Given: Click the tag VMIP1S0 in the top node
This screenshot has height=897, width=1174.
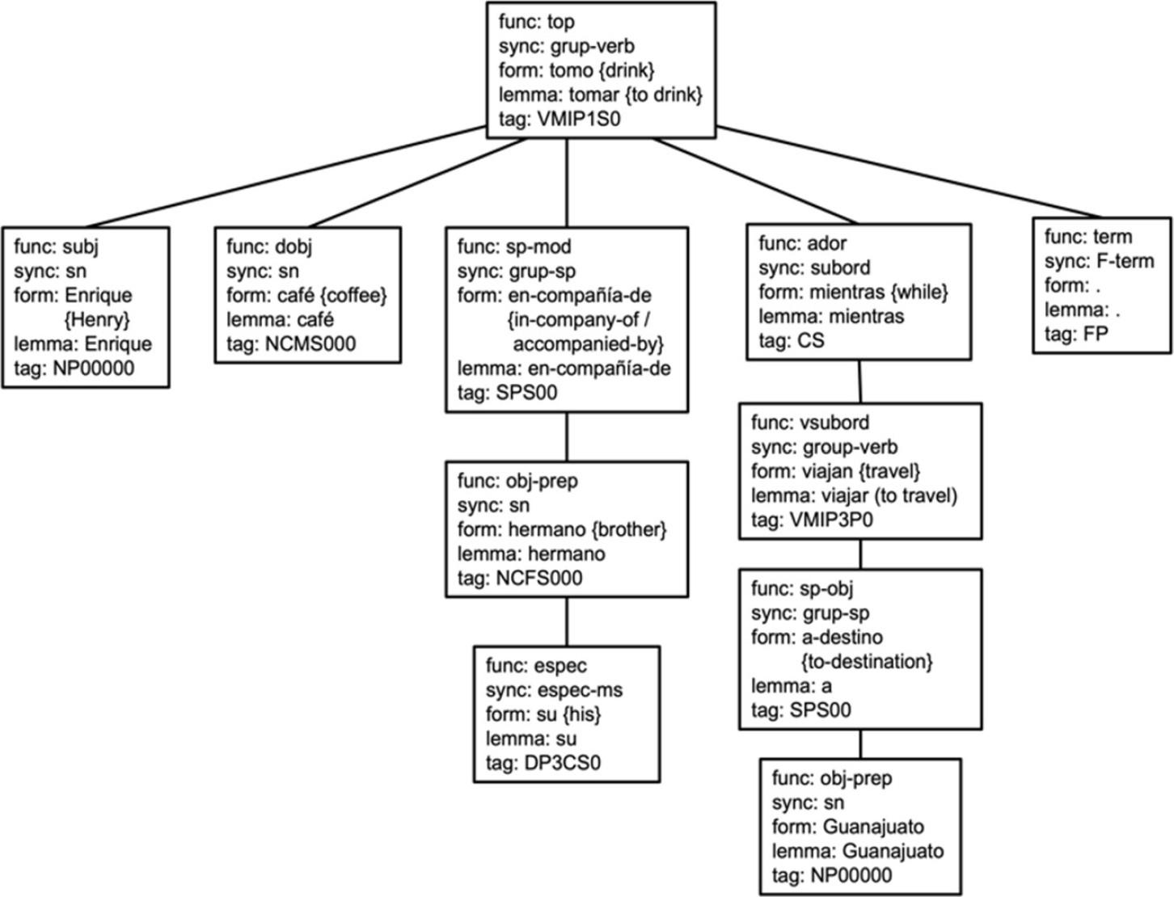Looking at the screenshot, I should [x=584, y=119].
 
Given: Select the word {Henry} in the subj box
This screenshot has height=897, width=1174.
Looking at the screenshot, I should [x=96, y=320].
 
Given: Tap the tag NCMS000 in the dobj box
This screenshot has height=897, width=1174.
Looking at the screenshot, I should [x=310, y=344].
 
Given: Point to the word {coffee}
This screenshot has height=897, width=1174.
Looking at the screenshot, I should [x=353, y=296].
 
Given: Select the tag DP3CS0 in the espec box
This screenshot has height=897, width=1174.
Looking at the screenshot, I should [x=563, y=763].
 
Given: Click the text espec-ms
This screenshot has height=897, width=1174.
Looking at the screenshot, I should [x=578, y=690].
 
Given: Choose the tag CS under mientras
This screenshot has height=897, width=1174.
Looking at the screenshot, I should [x=811, y=340].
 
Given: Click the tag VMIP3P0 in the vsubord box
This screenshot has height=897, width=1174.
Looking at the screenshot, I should [x=833, y=520].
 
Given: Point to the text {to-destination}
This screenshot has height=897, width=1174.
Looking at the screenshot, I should [x=867, y=662].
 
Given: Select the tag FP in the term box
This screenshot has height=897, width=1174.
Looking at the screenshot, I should [x=1095, y=334].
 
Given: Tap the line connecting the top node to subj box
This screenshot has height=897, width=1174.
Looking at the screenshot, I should [x=283, y=176].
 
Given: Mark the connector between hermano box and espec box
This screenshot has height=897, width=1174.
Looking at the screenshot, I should [x=566, y=621].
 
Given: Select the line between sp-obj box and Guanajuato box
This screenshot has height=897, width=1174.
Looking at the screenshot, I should [x=860, y=743].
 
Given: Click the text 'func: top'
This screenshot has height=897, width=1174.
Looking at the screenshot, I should [x=537, y=22].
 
